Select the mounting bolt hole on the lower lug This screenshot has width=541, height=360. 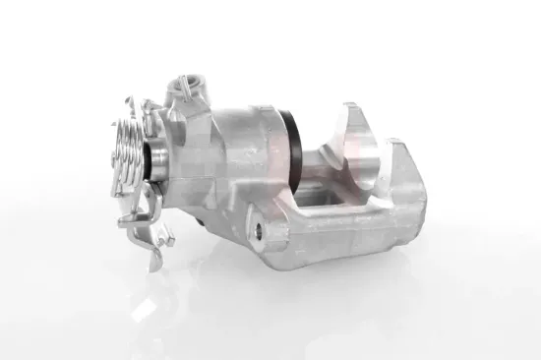click(x=259, y=230)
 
